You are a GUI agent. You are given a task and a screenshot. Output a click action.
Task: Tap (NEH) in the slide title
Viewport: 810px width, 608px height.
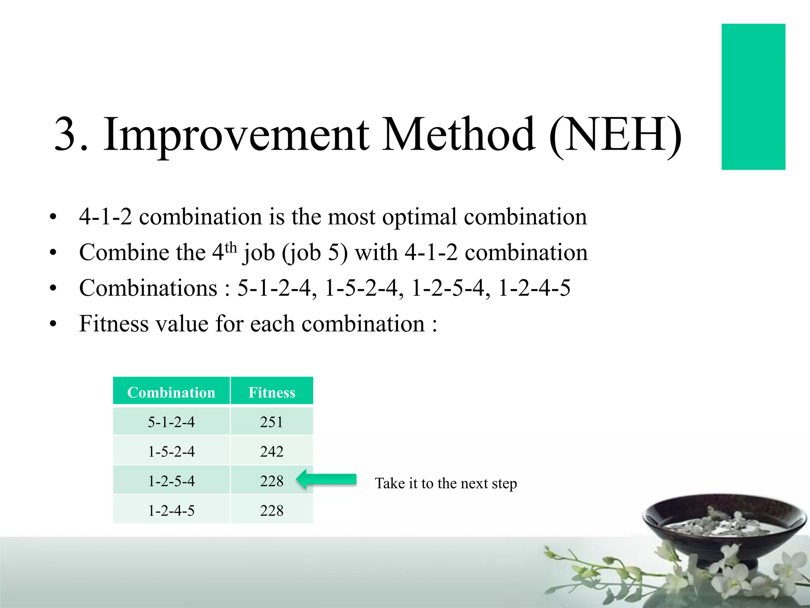click(615, 135)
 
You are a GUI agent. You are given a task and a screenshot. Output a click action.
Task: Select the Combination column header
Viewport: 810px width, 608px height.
click(171, 392)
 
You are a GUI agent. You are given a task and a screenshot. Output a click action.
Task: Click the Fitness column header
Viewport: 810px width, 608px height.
click(272, 392)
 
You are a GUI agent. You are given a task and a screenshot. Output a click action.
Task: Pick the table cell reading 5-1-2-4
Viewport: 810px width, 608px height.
click(171, 422)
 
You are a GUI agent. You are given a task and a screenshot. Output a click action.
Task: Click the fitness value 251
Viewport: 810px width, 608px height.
click(272, 422)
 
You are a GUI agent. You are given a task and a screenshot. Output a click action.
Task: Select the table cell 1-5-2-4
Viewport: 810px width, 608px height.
click(171, 451)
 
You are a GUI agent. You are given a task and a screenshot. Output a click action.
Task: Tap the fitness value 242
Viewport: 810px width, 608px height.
click(272, 451)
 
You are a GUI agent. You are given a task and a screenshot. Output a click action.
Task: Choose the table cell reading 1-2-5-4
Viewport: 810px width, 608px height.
click(171, 481)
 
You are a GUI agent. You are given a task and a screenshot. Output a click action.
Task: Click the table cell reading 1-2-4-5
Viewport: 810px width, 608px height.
click(171, 511)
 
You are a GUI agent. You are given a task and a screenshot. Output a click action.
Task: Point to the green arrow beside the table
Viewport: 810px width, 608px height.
click(326, 479)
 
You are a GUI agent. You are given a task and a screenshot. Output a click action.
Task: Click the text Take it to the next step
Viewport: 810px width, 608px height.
click(446, 483)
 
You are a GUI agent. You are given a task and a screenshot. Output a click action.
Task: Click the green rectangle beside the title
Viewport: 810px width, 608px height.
click(753, 97)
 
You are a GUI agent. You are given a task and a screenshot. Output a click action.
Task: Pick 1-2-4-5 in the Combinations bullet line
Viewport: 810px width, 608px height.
click(534, 288)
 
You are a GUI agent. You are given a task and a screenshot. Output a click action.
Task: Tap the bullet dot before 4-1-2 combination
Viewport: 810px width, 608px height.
click(53, 217)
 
